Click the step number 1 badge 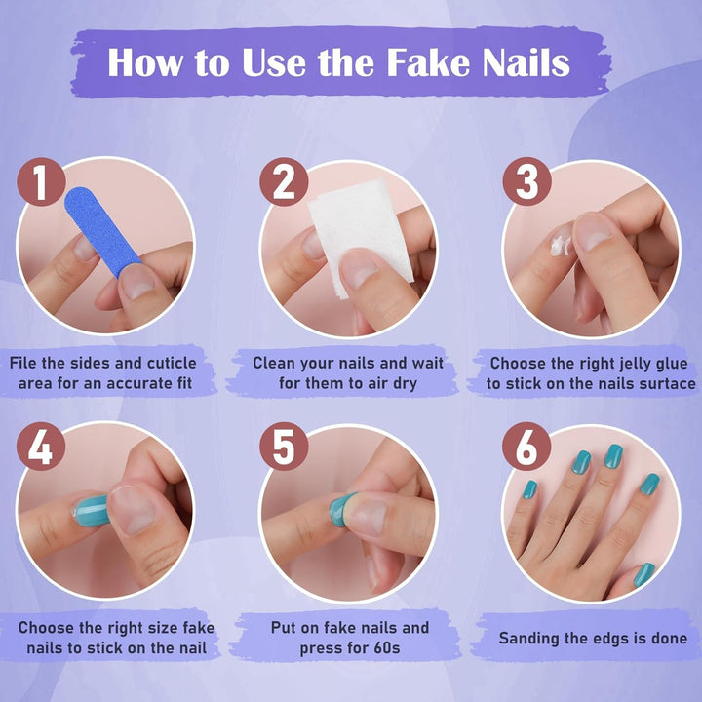click(41, 182)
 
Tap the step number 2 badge click(284, 182)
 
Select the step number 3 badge click(526, 182)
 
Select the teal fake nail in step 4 click(92, 508)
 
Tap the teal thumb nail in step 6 click(644, 574)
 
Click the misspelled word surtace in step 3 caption click(660, 383)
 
